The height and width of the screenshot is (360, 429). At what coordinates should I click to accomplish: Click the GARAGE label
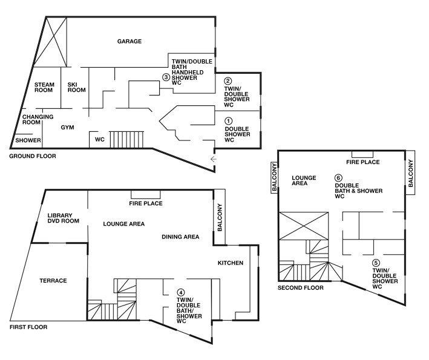(129, 41)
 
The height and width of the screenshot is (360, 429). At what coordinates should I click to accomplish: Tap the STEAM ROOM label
(44, 87)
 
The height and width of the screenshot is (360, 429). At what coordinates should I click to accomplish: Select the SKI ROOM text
(77, 87)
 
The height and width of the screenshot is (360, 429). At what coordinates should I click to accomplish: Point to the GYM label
(67, 128)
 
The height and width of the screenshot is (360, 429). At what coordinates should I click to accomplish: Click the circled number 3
(166, 77)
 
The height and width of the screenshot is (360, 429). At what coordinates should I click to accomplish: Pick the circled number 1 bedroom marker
(228, 120)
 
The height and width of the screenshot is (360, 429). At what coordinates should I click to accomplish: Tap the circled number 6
(338, 178)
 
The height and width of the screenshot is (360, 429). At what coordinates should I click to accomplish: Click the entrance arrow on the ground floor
(214, 159)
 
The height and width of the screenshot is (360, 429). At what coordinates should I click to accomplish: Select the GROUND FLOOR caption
(33, 156)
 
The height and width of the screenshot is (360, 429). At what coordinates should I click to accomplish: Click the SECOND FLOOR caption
(300, 288)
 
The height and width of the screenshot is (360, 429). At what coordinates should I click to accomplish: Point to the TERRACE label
(53, 281)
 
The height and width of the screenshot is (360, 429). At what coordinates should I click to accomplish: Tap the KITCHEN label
(231, 263)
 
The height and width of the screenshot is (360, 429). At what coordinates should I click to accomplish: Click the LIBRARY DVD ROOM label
(63, 218)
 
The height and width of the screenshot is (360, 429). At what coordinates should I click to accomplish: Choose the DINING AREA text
(180, 237)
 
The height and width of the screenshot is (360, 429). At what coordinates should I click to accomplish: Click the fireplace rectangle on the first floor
(146, 194)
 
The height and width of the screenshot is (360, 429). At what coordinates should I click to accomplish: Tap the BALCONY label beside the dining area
(220, 217)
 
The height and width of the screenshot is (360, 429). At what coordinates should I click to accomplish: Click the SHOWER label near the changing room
(28, 140)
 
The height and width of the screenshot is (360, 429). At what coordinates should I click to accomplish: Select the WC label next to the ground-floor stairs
(100, 140)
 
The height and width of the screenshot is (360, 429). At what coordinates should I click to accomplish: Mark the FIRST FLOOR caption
(28, 327)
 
